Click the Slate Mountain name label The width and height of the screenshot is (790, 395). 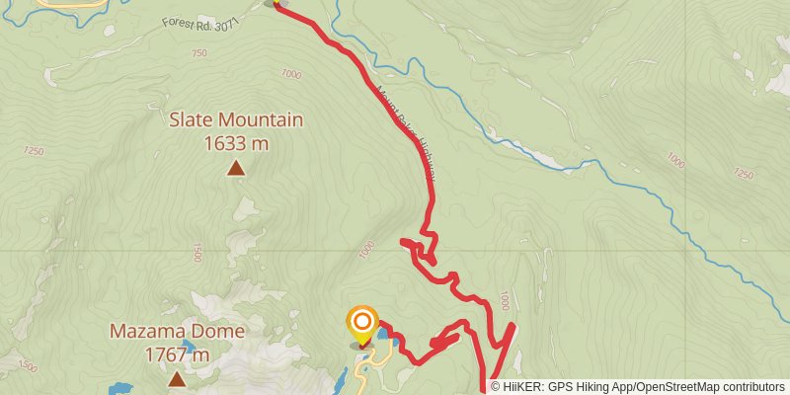click(236, 120)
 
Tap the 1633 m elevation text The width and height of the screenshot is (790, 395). click(236, 143)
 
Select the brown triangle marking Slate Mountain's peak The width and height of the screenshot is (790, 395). click(236, 169)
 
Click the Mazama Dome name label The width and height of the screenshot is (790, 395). click(177, 332)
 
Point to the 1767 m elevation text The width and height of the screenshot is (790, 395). click(177, 355)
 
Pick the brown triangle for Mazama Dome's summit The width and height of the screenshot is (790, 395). click(177, 379)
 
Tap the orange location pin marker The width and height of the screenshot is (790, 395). click(362, 324)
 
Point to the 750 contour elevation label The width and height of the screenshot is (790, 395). click(199, 53)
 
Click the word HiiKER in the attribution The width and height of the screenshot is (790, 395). click(519, 387)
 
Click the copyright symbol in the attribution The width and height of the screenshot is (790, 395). click(495, 387)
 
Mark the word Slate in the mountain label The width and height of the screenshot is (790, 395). click(192, 120)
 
